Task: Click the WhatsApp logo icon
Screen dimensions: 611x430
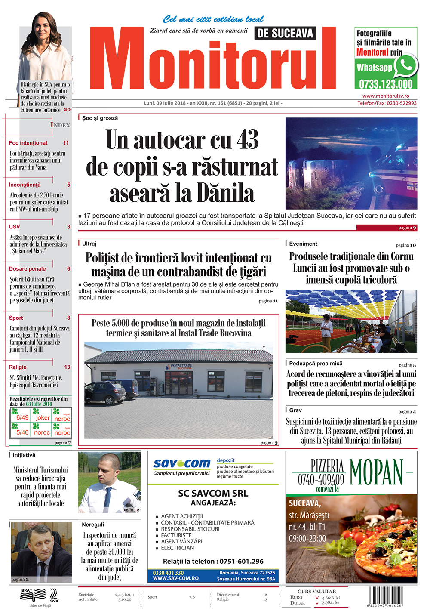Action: (405, 65)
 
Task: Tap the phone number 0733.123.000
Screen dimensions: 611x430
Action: (386, 84)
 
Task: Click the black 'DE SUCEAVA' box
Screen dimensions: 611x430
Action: (285, 33)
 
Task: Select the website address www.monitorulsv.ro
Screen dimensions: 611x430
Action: (386, 96)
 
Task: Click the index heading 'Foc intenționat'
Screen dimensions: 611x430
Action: (28, 143)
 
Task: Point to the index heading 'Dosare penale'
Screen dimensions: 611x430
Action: (27, 269)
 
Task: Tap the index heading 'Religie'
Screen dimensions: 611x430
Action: (18, 367)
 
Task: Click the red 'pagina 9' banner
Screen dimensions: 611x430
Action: (387, 228)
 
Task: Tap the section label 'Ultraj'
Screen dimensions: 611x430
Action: (89, 244)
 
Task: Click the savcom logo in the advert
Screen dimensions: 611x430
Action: (182, 463)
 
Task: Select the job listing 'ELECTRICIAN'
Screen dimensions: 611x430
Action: (177, 548)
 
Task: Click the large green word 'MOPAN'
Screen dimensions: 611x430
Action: (376, 472)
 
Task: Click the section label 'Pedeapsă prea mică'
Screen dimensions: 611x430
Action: (316, 364)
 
